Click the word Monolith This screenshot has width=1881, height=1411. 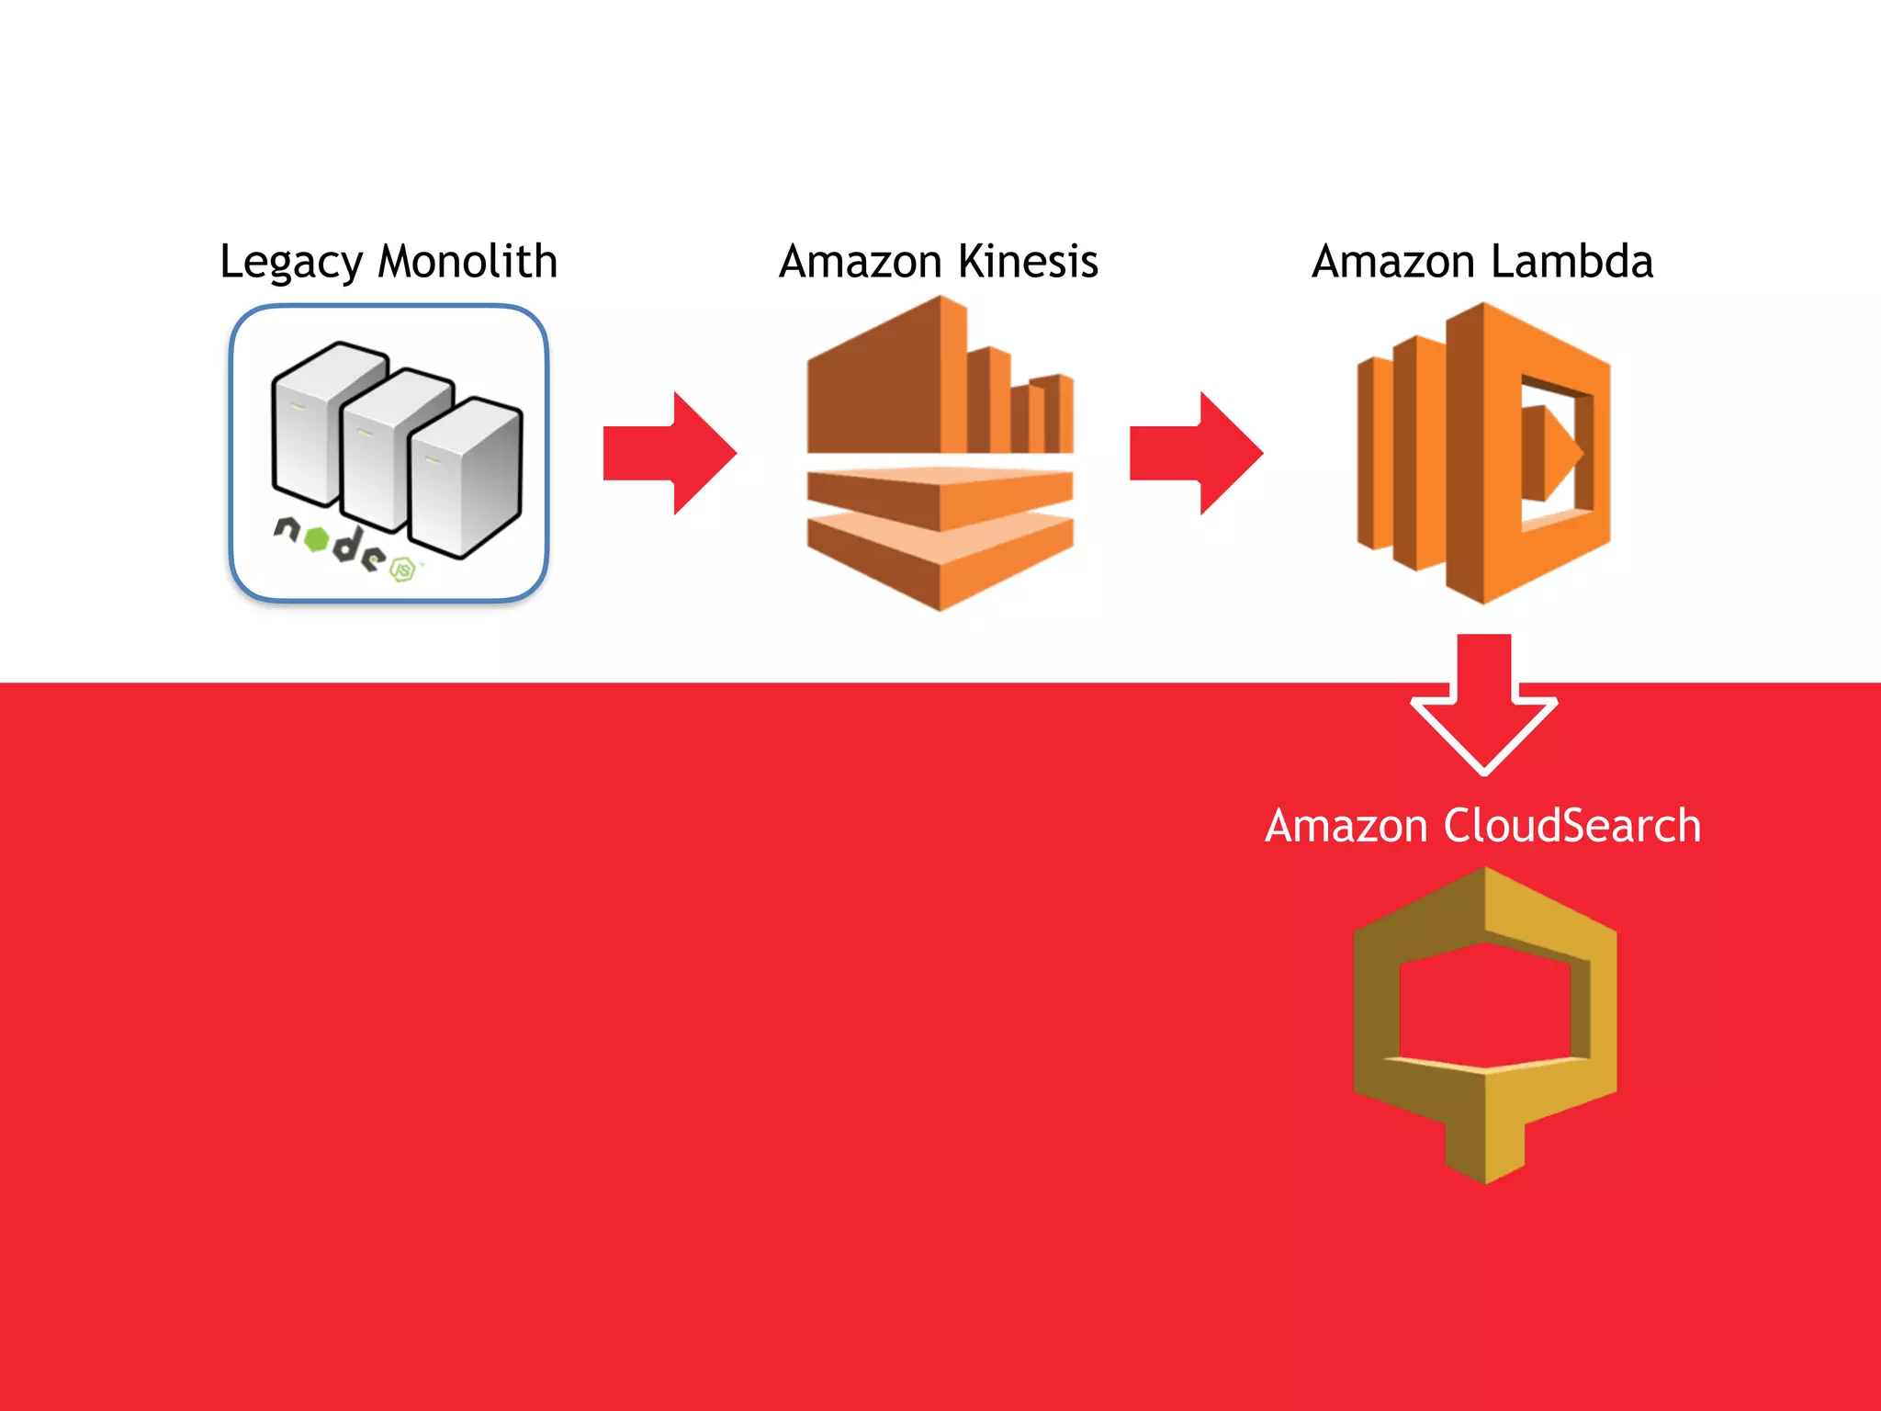pos(467,262)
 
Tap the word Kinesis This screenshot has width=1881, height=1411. pos(1028,262)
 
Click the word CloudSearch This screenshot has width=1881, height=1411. pos(1571,826)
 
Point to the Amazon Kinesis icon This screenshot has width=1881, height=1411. pos(940,453)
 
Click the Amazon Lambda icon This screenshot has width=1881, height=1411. pos(1483,453)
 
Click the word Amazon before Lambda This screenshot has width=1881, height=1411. pos(1392,262)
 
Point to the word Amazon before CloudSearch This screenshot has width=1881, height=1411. pos(1346,826)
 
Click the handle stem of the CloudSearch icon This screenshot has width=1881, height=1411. pos(1485,1139)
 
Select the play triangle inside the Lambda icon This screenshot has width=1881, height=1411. pos(1552,453)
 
